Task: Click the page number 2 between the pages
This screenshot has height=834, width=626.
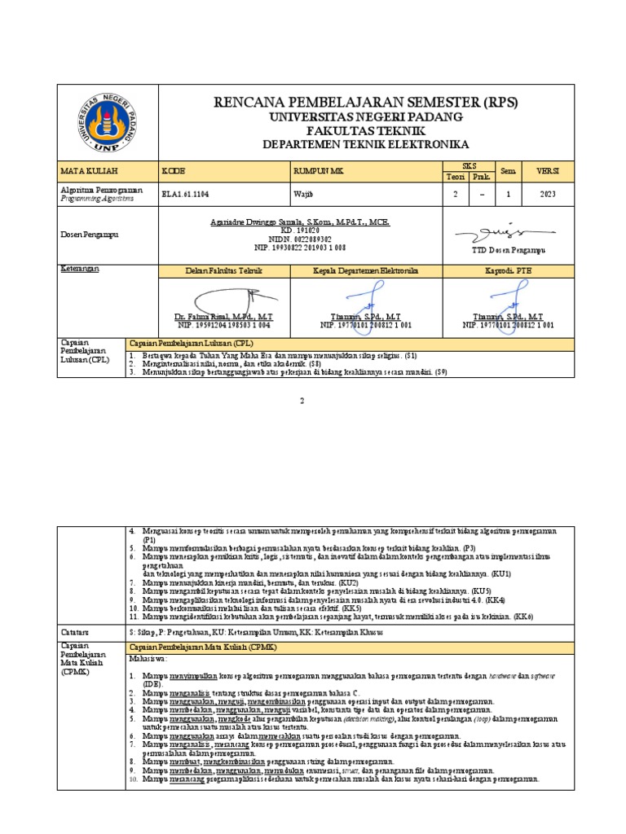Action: (301, 401)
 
